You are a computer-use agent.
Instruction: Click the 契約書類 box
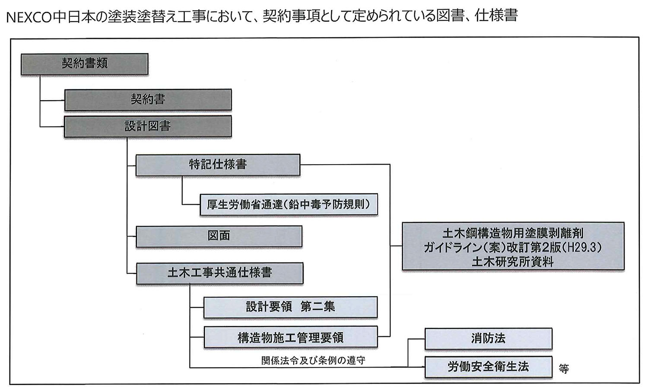(84, 64)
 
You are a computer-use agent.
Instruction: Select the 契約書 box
(148, 99)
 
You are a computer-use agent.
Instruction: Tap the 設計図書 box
(148, 126)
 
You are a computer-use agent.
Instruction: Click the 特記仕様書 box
(218, 165)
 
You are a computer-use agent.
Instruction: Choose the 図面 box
(219, 236)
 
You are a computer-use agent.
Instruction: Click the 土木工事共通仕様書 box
(219, 273)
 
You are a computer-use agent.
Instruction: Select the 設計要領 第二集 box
(290, 307)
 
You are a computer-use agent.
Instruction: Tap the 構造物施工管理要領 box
(290, 338)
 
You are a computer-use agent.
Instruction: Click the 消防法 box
(488, 338)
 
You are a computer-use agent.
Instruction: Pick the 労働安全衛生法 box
(488, 367)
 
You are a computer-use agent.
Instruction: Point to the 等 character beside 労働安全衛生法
(564, 369)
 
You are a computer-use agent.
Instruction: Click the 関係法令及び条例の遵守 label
(313, 360)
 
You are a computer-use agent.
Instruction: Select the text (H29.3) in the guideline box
(582, 247)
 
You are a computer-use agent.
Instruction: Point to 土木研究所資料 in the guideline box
(513, 262)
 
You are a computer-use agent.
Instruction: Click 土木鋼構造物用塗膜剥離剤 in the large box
(513, 233)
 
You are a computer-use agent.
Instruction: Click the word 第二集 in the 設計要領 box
(318, 307)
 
